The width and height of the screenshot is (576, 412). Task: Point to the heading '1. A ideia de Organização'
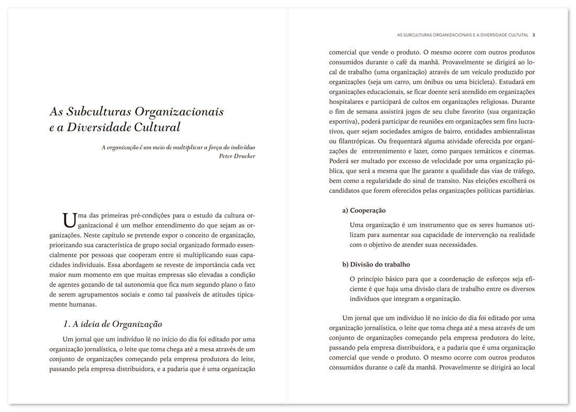pos(113,324)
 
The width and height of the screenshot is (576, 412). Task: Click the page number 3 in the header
pos(533,36)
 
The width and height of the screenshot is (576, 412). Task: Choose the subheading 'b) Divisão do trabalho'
pos(375,264)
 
